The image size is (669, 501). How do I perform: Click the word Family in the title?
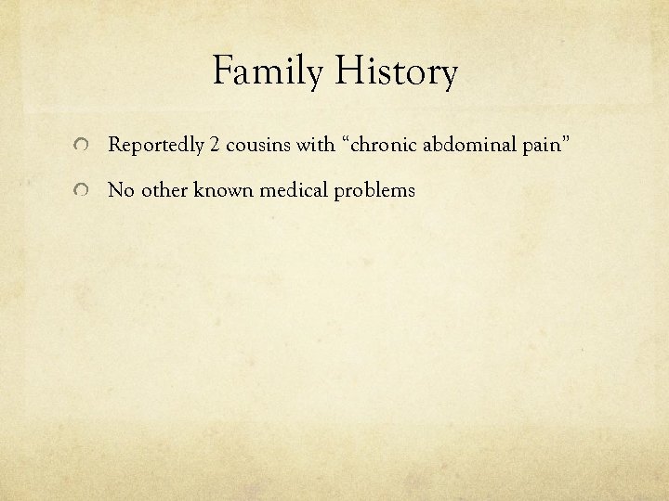coord(269,73)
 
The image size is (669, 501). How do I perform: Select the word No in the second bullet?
coord(120,190)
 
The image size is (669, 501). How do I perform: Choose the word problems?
coord(369,191)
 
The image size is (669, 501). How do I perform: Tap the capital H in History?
coord(348,73)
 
